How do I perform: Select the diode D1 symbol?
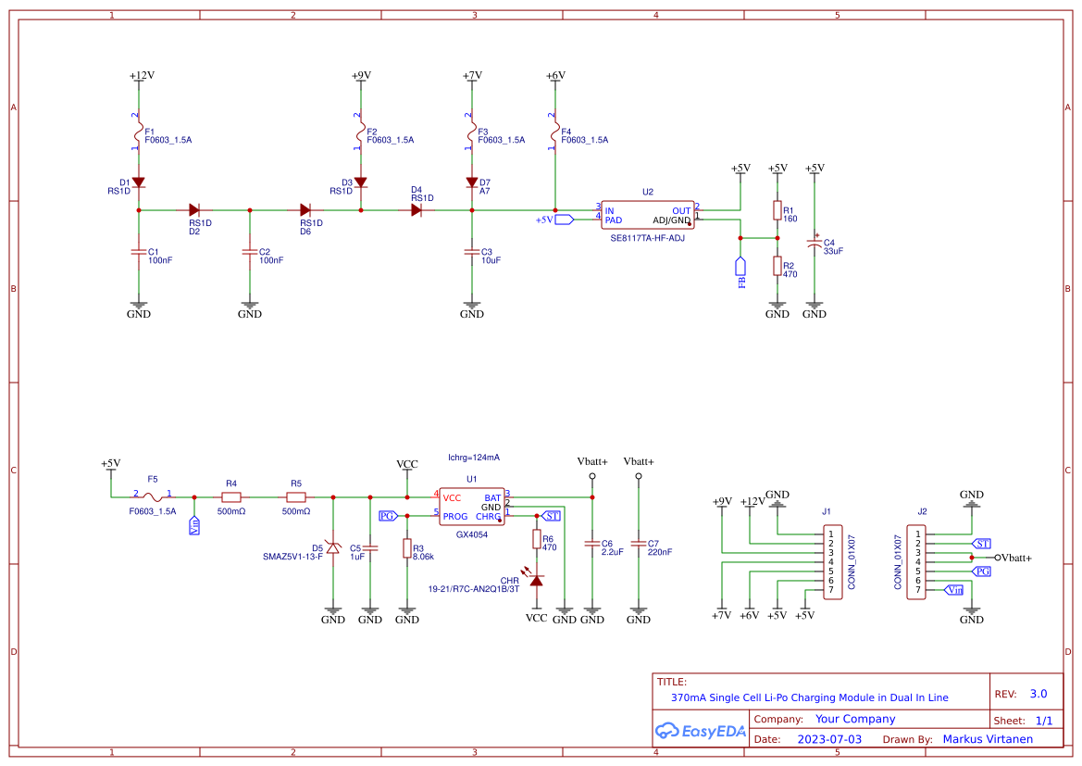tap(138, 182)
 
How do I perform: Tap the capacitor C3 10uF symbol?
tap(472, 251)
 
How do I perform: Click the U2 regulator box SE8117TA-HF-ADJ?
tap(648, 215)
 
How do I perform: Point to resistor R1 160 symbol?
tap(777, 210)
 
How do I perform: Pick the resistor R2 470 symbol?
tap(777, 266)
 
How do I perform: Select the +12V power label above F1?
tap(142, 75)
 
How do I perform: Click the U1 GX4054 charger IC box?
tap(471, 507)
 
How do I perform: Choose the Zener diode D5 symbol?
tap(333, 549)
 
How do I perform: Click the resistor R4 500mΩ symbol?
tap(231, 497)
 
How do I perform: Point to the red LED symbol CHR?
tap(536, 579)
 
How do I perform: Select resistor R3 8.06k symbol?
tap(406, 548)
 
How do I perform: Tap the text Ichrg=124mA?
tap(474, 458)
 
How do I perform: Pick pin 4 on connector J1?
tap(831, 562)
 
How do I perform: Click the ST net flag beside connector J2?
tap(981, 544)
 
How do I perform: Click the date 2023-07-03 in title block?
tap(828, 739)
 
